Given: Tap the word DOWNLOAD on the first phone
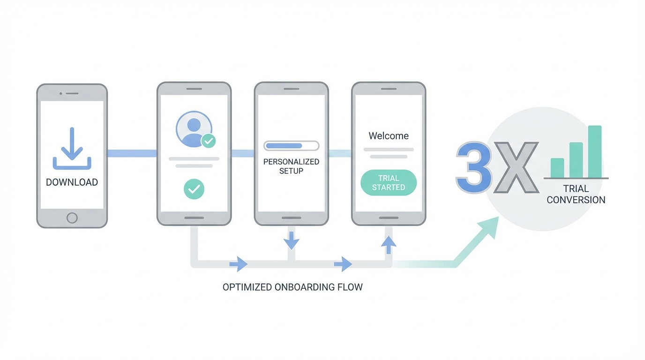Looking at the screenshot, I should click(x=72, y=182).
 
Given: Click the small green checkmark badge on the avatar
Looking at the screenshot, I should click(x=209, y=141).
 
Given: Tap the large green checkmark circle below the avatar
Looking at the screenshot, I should click(x=194, y=189).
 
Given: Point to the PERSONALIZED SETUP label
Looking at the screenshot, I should click(x=291, y=166).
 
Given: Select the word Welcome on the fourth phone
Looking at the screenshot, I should click(x=389, y=136).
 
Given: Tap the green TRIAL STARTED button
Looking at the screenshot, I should click(x=389, y=183).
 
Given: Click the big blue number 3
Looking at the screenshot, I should click(x=474, y=168).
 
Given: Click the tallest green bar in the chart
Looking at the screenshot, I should click(x=594, y=151).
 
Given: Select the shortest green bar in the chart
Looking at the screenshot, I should click(x=557, y=168).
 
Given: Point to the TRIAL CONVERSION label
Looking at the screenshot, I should click(x=576, y=194).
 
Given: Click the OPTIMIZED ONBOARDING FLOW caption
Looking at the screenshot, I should click(x=292, y=287).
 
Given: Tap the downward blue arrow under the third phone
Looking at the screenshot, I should click(x=291, y=241).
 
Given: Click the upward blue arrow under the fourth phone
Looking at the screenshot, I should click(x=389, y=244).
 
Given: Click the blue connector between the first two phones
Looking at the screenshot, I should click(x=132, y=153).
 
